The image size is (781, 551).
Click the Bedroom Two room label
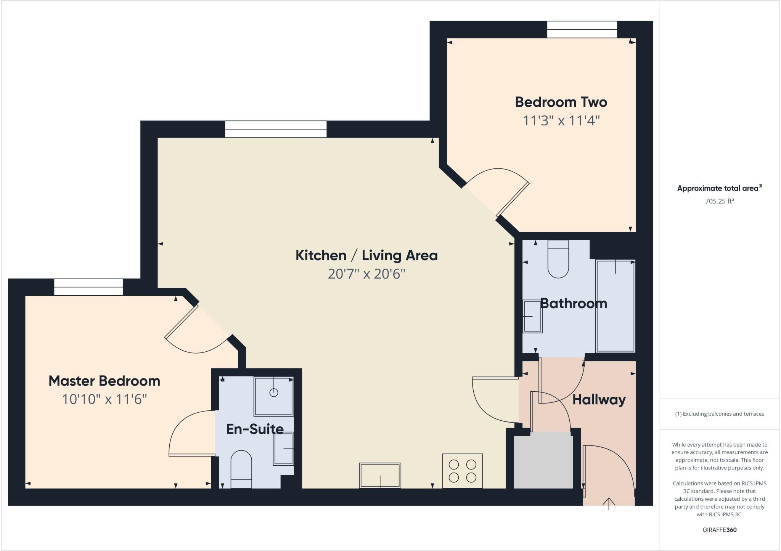point(561,102)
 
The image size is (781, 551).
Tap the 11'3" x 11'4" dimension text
point(561,121)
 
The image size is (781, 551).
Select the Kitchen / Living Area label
point(366,255)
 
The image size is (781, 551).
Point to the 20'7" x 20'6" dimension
point(366,274)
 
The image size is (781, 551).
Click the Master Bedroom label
point(104,381)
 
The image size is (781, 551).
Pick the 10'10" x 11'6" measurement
point(104,399)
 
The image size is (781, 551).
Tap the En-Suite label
point(255,429)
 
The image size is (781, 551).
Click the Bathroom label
point(574,303)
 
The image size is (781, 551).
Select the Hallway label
point(599,400)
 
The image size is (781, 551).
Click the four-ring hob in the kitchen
point(462,471)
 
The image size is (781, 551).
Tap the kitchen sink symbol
point(380,475)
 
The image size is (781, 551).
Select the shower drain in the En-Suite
point(273,392)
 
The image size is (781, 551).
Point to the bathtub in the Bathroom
point(615,306)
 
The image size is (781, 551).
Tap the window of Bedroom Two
point(582,29)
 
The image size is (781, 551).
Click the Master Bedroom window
point(88,287)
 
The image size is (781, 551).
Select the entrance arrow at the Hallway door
point(609,503)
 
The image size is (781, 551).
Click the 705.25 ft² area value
point(719,201)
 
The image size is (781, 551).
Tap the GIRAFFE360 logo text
point(719,530)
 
